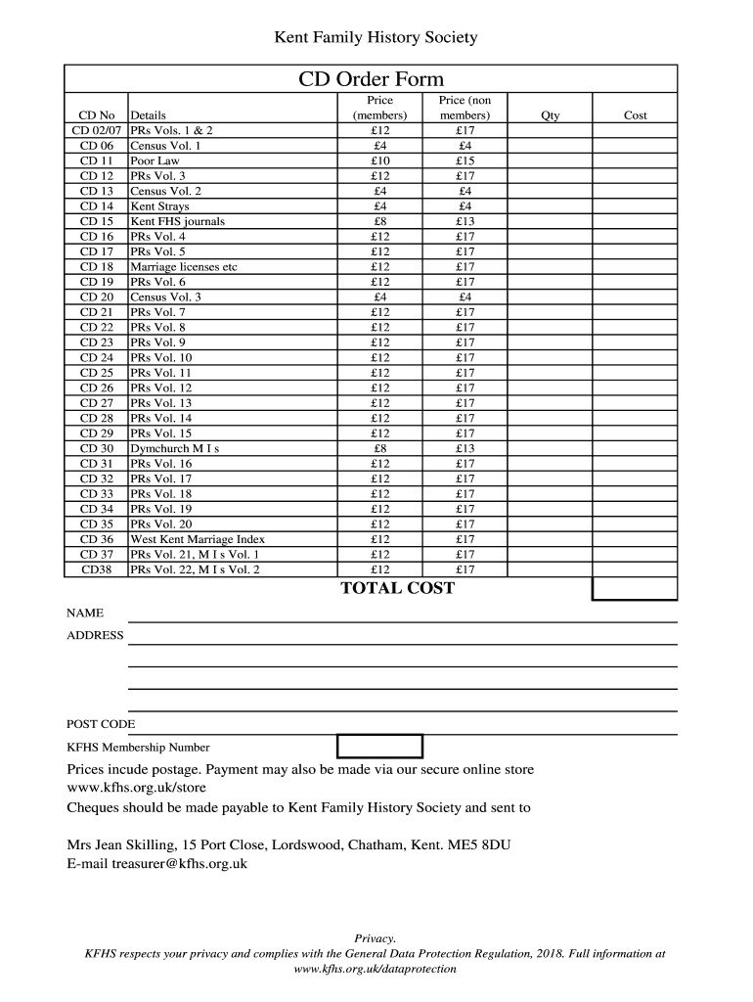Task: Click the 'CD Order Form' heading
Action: (x=371, y=79)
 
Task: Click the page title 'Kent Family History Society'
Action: (x=376, y=38)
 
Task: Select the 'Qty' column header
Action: (x=551, y=115)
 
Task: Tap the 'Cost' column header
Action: (x=635, y=115)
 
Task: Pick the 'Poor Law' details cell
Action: (x=155, y=160)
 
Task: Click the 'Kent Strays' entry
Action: (x=160, y=206)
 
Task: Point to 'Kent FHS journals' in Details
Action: (x=177, y=221)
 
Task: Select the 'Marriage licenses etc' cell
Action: (x=184, y=267)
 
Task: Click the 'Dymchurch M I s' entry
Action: (x=175, y=448)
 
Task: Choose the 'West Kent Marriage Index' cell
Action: (x=198, y=539)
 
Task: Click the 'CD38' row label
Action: (x=97, y=569)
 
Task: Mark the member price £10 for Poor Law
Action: (x=380, y=160)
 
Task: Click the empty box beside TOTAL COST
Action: (x=634, y=588)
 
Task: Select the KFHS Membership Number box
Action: (x=379, y=747)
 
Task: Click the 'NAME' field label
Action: (x=85, y=614)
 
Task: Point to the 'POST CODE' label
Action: (x=101, y=724)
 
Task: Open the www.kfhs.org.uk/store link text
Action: (x=136, y=787)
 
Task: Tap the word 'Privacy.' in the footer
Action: (x=375, y=937)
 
